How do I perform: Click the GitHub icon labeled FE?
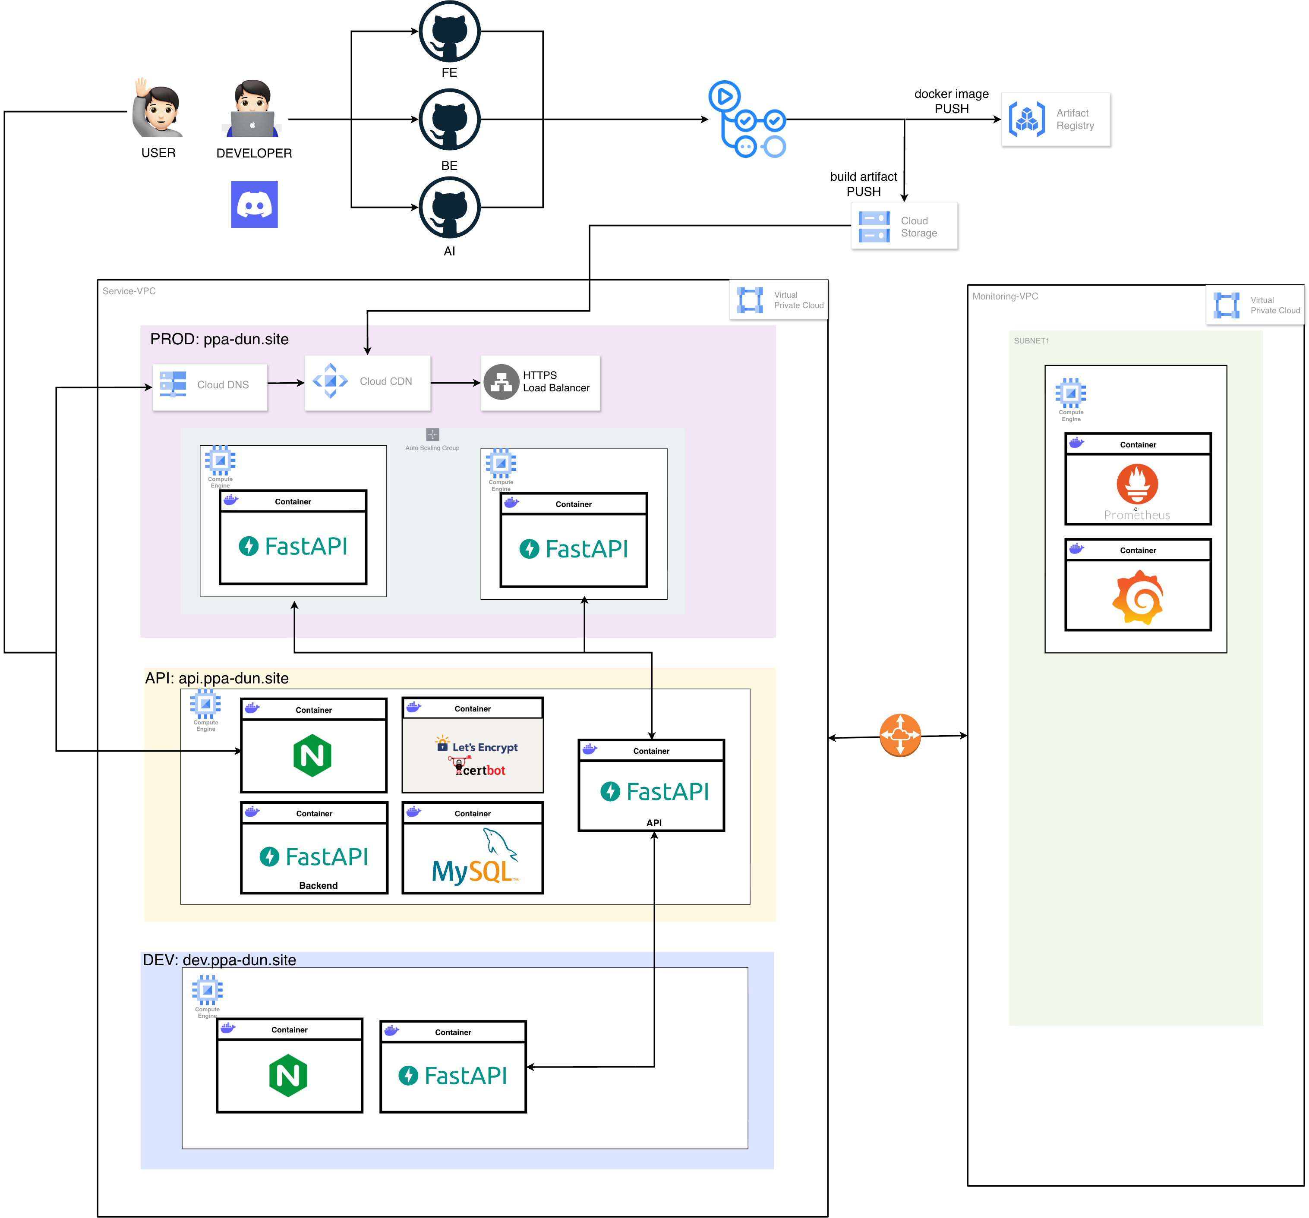pos(450,31)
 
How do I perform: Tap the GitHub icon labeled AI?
pos(450,208)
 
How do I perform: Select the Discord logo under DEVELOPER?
pos(254,205)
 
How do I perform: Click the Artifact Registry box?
pos(1056,119)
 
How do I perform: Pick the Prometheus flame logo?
pos(1137,485)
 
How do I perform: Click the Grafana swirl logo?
pos(1138,598)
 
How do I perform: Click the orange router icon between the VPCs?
pos(900,735)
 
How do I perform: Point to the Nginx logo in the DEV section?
pos(288,1075)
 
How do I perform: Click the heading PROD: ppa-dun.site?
pos(219,339)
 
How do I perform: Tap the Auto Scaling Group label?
pos(432,448)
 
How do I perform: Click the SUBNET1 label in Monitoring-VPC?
pos(1031,341)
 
